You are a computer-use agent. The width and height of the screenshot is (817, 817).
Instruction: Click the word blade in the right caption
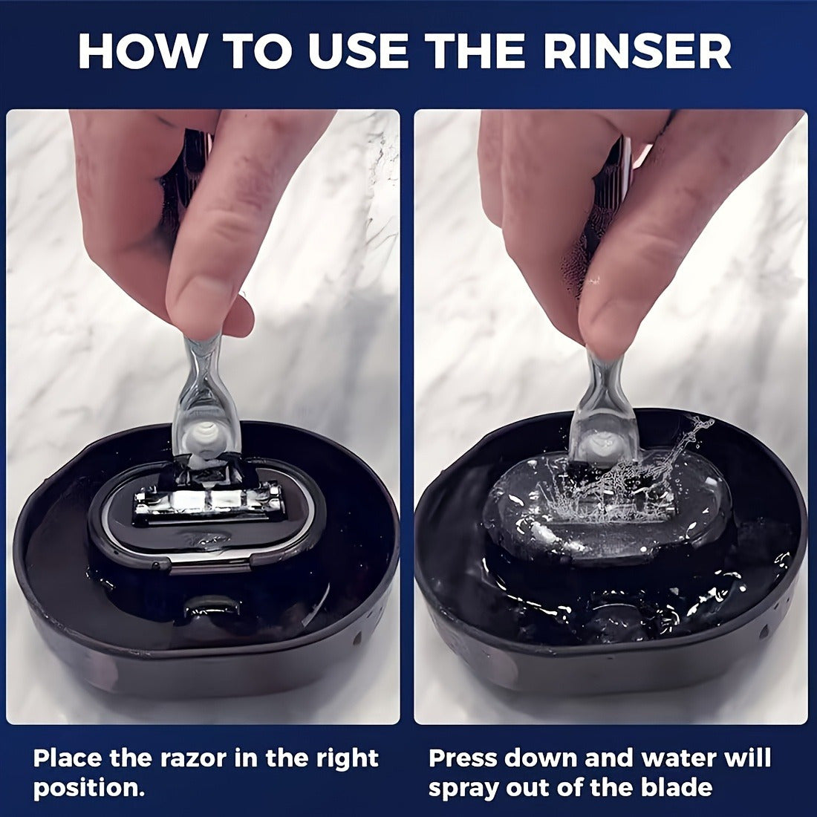(680, 788)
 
